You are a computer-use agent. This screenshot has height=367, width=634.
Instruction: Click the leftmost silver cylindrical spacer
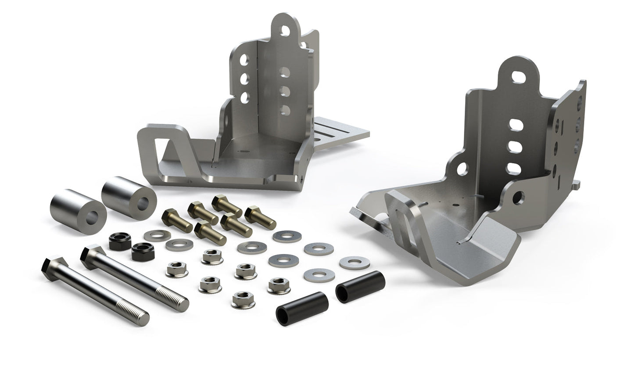tap(78, 211)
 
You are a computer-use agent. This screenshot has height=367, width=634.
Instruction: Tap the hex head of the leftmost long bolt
tap(53, 264)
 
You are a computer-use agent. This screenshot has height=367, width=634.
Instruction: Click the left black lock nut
tap(120, 241)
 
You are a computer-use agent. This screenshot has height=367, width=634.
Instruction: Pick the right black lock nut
tap(143, 252)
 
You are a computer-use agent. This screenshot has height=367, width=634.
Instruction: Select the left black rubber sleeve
tap(302, 309)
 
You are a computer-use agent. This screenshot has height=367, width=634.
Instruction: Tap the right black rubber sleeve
tap(360, 287)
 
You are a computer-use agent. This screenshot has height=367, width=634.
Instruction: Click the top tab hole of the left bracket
tap(285, 31)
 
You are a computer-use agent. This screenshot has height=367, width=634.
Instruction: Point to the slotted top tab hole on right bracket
tap(518, 77)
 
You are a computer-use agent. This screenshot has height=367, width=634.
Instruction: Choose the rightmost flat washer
tap(354, 263)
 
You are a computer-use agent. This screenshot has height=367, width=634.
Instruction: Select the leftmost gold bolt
tap(176, 221)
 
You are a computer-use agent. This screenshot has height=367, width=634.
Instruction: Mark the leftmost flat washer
tap(157, 236)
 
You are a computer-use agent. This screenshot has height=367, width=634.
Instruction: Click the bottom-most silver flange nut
tap(243, 300)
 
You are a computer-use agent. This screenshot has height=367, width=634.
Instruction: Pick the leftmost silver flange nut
tap(177, 270)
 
